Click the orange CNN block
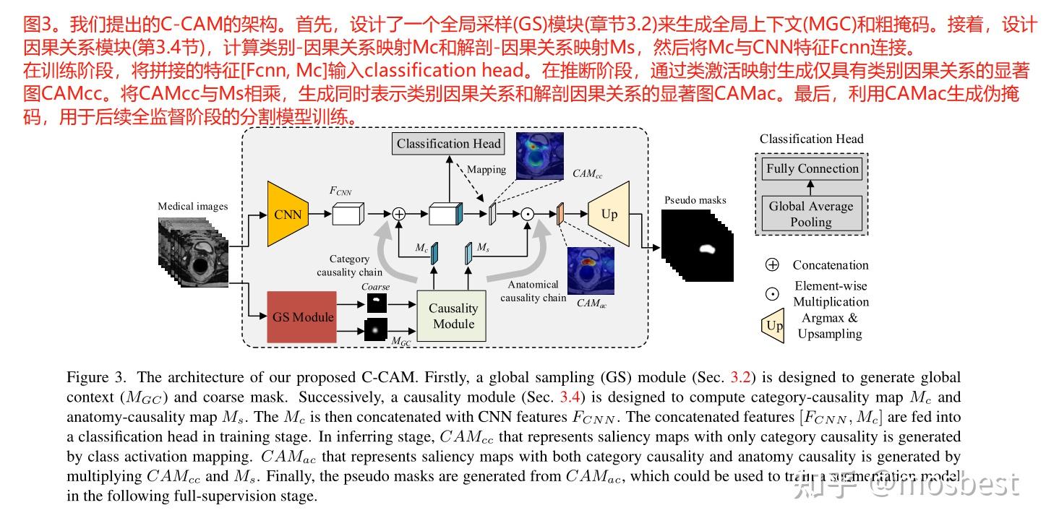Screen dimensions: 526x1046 [287, 214]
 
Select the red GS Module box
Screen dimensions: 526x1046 [302, 316]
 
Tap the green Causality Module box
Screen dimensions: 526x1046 [453, 316]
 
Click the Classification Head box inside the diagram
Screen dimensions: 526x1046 [448, 144]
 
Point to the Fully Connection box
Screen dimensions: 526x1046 [812, 169]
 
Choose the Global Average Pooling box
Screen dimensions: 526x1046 [811, 214]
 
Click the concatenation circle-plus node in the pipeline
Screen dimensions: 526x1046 [398, 214]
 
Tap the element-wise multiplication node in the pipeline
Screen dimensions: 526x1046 [528, 214]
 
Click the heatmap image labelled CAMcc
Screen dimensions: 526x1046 [539, 155]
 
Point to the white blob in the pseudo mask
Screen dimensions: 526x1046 [706, 249]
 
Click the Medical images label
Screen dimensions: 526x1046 [192, 207]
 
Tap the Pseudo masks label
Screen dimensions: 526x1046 [695, 200]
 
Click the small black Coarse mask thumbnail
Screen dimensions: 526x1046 [376, 303]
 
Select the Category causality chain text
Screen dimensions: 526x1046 [349, 265]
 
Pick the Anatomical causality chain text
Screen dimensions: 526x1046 [533, 291]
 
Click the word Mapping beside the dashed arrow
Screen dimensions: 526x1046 [486, 170]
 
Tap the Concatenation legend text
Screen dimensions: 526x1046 [830, 265]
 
